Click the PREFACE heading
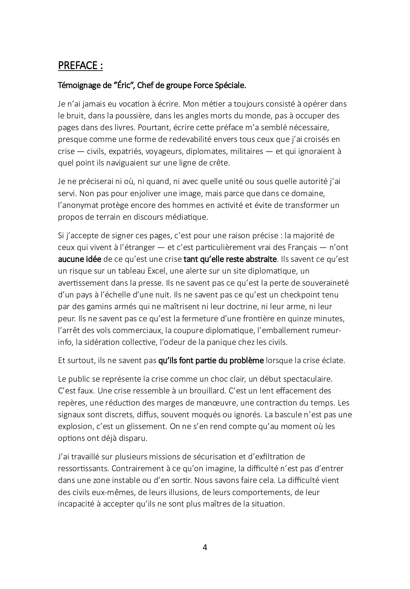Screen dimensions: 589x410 80,66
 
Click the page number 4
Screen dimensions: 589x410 205,547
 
